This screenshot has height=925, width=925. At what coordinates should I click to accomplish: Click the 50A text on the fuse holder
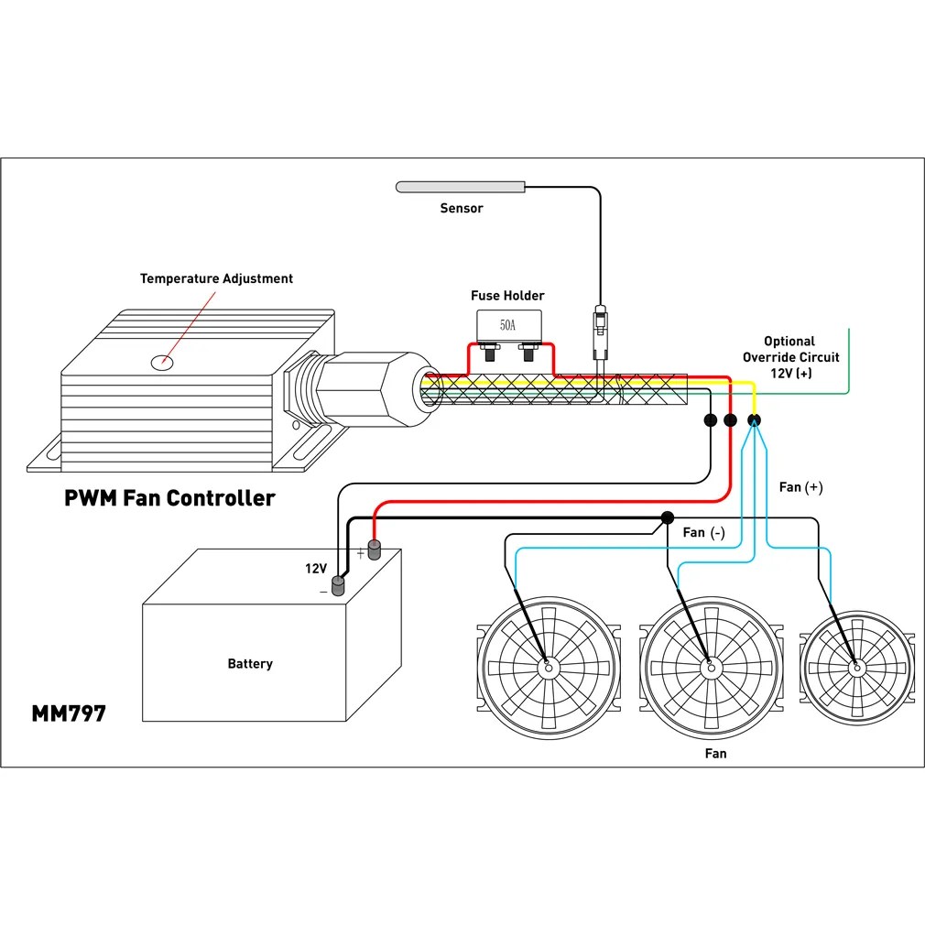click(507, 325)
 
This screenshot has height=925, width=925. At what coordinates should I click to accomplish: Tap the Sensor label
click(461, 208)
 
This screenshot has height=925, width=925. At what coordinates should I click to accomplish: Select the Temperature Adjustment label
click(216, 278)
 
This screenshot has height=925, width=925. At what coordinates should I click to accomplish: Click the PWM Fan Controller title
click(169, 498)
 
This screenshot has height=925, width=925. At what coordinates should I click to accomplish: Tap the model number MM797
click(69, 713)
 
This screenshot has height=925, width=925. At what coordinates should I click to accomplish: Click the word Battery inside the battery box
click(250, 663)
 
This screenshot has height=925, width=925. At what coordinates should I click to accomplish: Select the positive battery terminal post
click(374, 551)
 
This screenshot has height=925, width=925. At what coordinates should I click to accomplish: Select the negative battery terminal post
click(338, 585)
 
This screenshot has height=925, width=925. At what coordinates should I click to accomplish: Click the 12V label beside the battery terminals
click(315, 569)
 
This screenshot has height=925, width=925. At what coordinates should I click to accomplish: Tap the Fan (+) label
click(800, 487)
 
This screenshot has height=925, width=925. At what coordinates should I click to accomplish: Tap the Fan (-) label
click(703, 532)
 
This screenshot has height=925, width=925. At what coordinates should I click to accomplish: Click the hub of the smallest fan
click(856, 669)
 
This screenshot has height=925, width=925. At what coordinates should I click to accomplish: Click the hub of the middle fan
click(708, 667)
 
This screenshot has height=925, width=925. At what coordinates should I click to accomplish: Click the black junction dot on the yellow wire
click(753, 420)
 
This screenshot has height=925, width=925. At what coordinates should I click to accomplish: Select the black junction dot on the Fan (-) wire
click(668, 518)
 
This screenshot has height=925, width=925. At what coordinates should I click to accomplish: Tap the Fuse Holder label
click(507, 295)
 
